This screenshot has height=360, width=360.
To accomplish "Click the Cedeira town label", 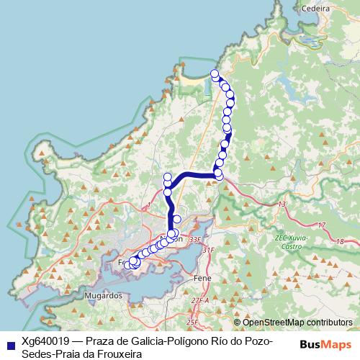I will (x=317, y=9).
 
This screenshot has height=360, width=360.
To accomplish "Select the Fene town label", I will (x=202, y=276).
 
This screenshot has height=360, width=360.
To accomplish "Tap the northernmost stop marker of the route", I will (x=214, y=73).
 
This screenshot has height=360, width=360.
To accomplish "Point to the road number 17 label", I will (x=322, y=225).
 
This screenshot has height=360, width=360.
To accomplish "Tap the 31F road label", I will (x=208, y=250).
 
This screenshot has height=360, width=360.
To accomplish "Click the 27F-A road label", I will (x=200, y=300).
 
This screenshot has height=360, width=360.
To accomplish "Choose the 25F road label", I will (x=192, y=322).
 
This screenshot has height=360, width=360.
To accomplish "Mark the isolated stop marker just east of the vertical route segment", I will (x=177, y=210).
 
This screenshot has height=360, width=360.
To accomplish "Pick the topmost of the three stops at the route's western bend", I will (x=168, y=177).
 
